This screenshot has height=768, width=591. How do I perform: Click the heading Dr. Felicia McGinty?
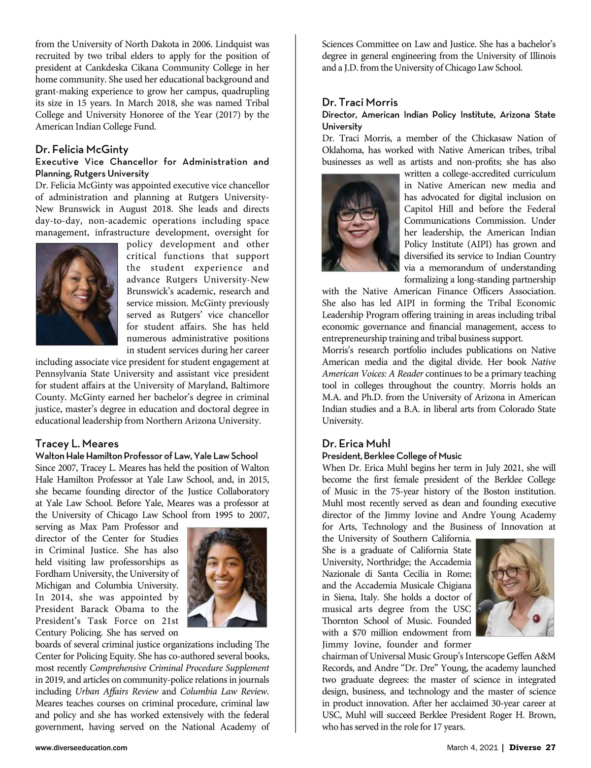pyautogui.click(x=82, y=149)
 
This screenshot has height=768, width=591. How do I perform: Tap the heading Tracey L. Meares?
pyautogui.click(x=77, y=444)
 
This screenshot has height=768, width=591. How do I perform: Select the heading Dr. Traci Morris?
pyautogui.click(x=360, y=103)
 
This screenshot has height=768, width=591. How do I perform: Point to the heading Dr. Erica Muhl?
pyautogui.click(x=356, y=444)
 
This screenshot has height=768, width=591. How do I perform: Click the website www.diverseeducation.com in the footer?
pyautogui.click(x=81, y=748)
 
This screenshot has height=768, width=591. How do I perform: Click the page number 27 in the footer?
pyautogui.click(x=551, y=748)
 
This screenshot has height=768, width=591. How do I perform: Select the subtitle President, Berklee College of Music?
pyautogui.click(x=392, y=455)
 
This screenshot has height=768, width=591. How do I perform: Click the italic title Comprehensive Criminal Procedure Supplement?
pyautogui.click(x=179, y=668)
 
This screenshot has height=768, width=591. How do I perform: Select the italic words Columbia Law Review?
pyautogui.click(x=224, y=691)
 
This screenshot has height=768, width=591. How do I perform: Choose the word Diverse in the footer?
pyautogui.click(x=525, y=748)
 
